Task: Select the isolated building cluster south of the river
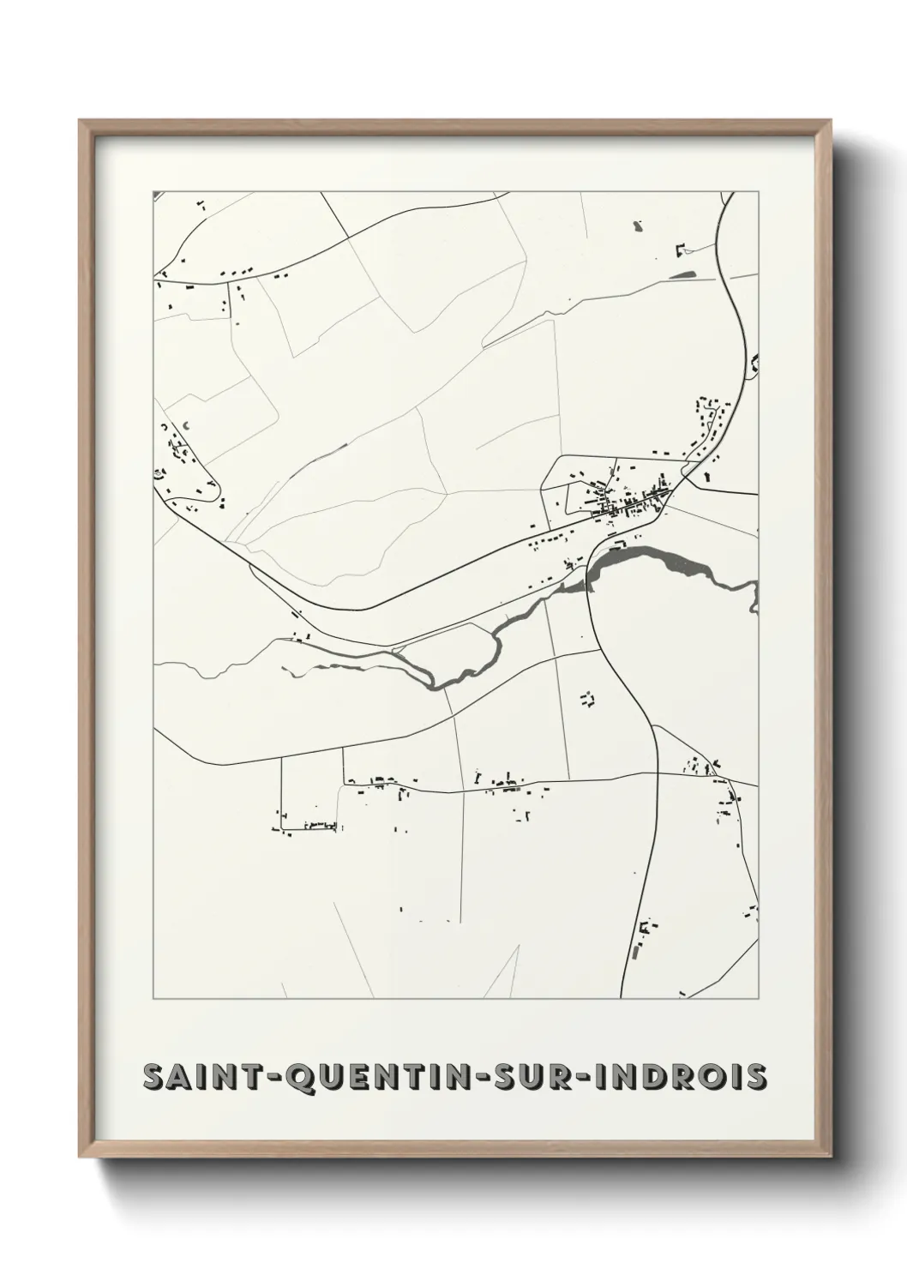pos(587,700)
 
